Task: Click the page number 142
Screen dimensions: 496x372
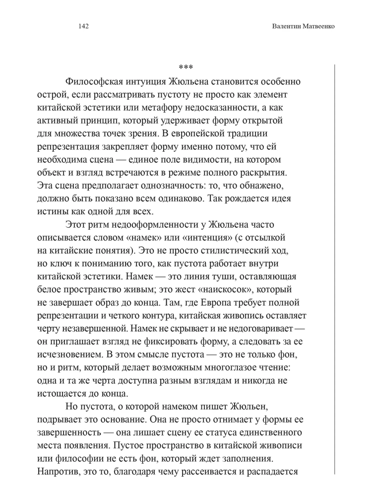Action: tap(83, 27)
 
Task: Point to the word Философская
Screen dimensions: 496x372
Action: tap(94, 81)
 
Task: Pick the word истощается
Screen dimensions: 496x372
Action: tap(62, 393)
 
